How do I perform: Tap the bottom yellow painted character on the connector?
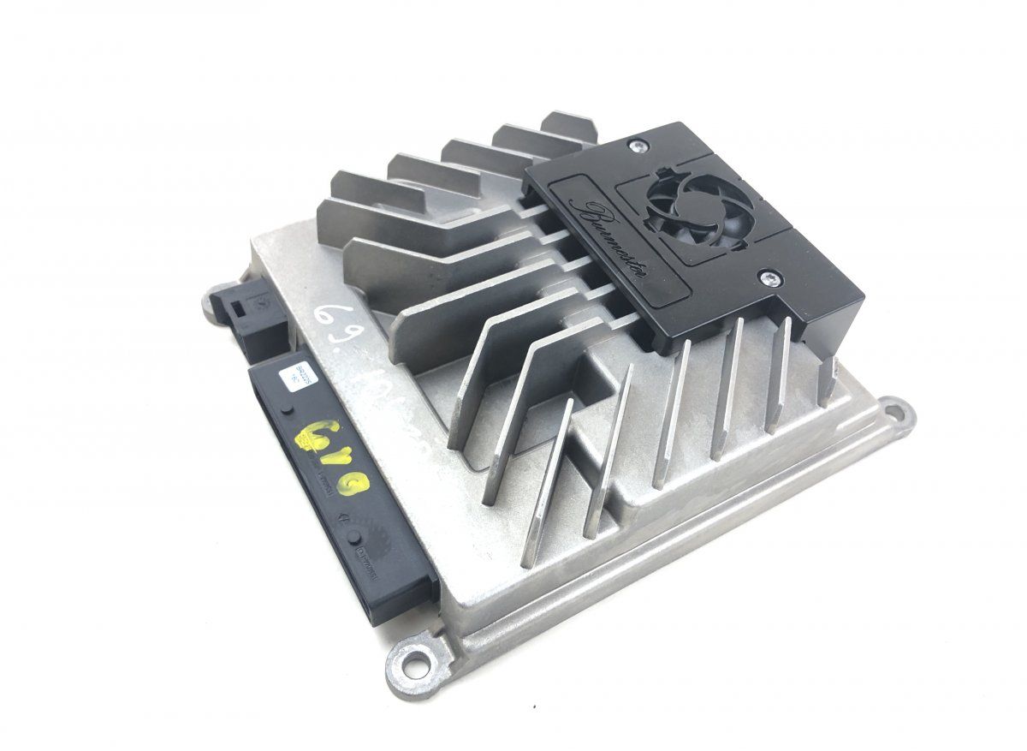(354, 489)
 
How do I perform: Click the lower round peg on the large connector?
(351, 537)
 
